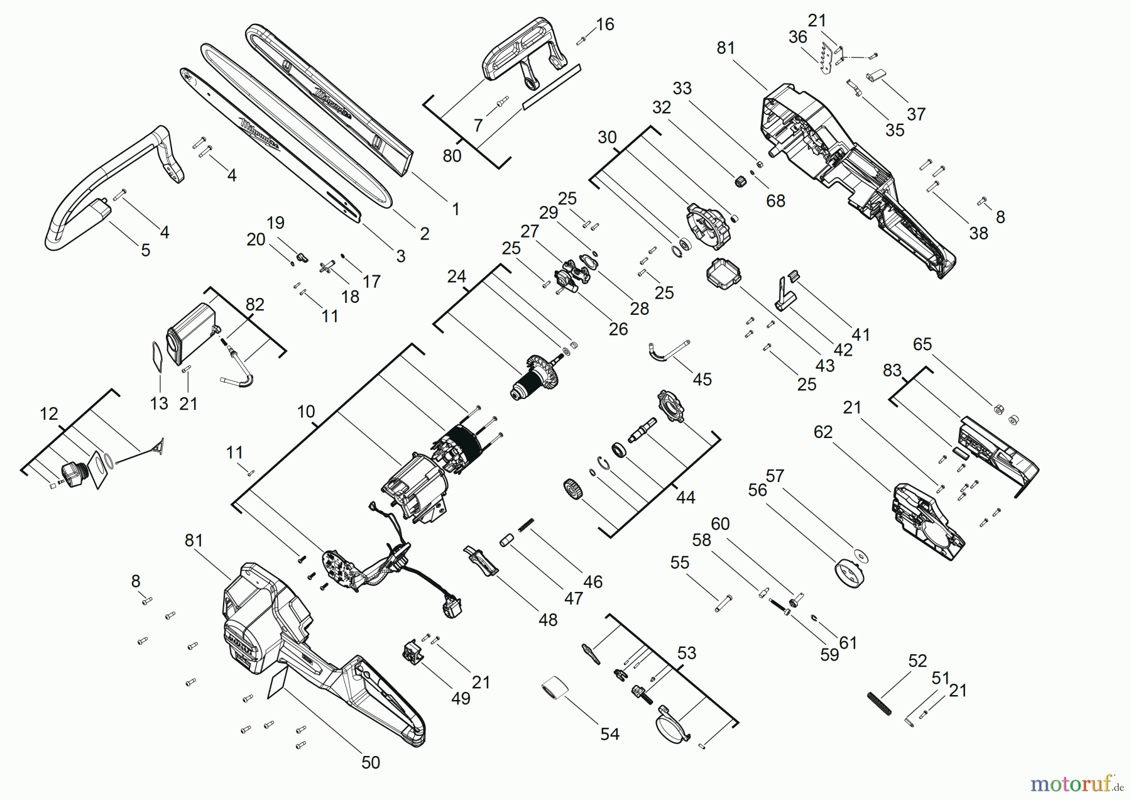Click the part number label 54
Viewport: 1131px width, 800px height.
click(609, 734)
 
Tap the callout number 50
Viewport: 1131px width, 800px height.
click(371, 762)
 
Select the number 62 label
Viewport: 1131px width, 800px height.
click(823, 432)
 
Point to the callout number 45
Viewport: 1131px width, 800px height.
click(702, 380)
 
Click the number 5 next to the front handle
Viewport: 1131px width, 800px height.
click(146, 250)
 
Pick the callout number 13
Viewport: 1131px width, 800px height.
click(160, 403)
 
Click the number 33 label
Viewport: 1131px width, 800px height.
click(682, 89)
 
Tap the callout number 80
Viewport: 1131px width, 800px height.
click(452, 156)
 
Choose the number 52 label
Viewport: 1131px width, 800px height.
click(917, 661)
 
